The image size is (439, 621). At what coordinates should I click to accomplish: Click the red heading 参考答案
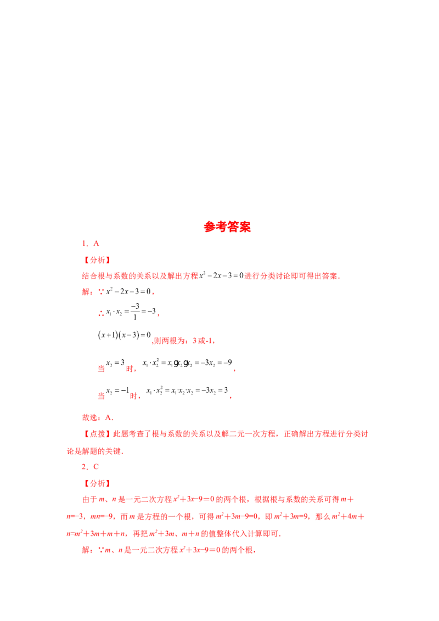tap(227, 227)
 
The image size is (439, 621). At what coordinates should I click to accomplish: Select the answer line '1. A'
tap(91, 244)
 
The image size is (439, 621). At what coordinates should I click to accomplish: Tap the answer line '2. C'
tap(91, 466)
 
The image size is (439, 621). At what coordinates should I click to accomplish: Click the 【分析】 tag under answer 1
tap(97, 260)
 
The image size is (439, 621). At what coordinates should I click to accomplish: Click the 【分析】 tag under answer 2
tap(97, 483)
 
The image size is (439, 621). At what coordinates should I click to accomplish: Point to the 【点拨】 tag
tap(97, 434)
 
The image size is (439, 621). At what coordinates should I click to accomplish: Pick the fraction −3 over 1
tap(134, 312)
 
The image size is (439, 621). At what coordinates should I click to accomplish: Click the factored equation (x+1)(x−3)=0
tap(125, 335)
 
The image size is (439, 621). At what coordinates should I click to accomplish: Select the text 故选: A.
tap(98, 417)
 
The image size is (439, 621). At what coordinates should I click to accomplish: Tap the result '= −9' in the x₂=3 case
tap(224, 363)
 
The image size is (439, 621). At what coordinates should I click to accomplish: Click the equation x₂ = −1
tap(117, 391)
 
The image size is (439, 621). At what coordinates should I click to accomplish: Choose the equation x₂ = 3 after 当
tap(115, 363)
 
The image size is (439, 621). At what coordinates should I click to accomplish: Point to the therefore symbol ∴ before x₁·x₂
tap(101, 314)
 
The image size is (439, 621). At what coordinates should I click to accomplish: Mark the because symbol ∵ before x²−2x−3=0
tap(101, 292)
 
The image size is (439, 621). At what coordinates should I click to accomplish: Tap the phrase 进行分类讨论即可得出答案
tap(292, 276)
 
